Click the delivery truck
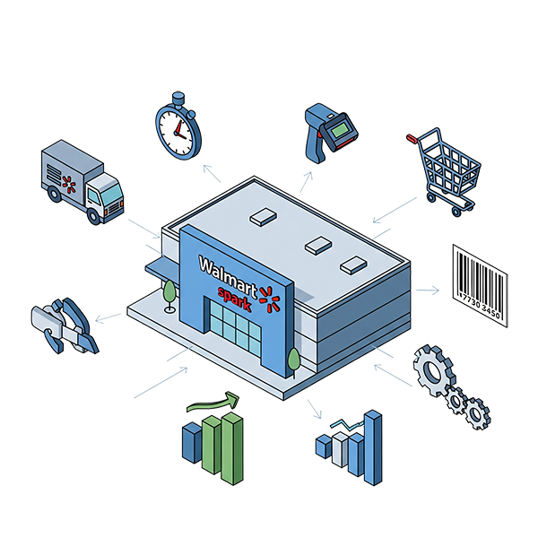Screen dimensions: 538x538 pos(81,179)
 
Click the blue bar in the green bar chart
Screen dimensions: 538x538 pos(193,441)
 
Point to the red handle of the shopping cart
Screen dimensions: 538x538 pos(413,139)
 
